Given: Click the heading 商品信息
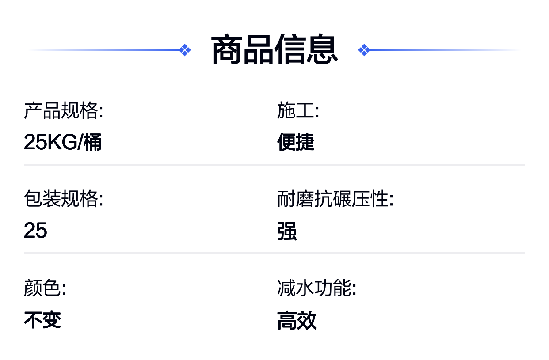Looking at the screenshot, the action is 274,50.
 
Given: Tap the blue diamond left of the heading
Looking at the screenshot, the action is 185,50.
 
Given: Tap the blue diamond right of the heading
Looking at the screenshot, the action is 364,50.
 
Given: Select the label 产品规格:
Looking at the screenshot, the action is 64,110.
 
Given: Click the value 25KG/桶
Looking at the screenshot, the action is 62,142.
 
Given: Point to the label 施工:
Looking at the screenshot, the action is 298,110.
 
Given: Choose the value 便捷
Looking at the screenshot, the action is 296,142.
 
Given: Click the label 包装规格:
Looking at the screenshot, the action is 64,199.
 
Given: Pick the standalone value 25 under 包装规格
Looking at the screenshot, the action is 35,230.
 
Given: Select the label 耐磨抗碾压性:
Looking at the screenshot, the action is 335,199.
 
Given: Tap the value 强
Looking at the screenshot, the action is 287,231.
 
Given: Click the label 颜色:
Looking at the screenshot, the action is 45,288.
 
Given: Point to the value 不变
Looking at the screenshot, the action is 42,320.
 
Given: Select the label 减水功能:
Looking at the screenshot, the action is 316,288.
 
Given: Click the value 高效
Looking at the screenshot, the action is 297,320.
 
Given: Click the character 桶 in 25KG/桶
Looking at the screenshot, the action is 92,142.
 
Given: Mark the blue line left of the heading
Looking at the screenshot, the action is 103,50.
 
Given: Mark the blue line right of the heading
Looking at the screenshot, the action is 445,50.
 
